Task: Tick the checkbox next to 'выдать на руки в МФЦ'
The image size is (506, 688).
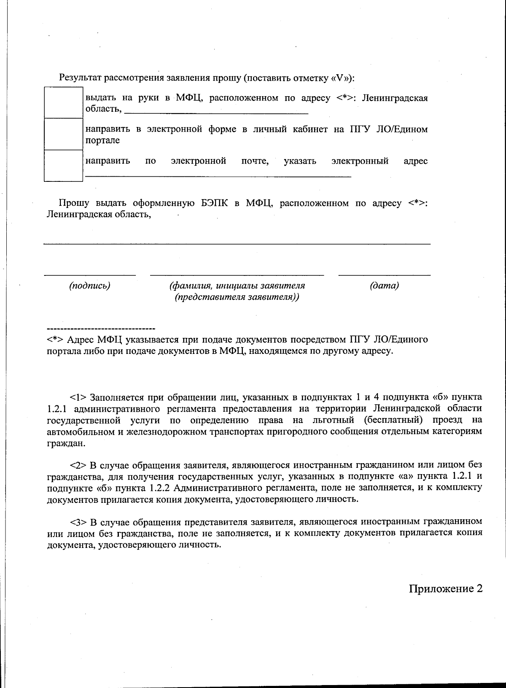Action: click(x=63, y=103)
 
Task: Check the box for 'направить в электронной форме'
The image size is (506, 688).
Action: click(x=63, y=134)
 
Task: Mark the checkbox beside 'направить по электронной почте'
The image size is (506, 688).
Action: click(x=63, y=166)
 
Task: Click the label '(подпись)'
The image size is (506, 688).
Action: click(x=89, y=286)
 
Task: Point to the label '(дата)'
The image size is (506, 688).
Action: click(x=384, y=286)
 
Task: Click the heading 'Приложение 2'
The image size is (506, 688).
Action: click(x=445, y=588)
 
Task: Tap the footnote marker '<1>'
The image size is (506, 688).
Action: click(x=78, y=397)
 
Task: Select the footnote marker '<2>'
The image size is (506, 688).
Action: click(x=78, y=465)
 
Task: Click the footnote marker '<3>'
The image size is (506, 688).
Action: click(x=78, y=522)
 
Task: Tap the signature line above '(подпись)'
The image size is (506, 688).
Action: click(x=90, y=275)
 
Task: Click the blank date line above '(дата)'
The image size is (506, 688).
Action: click(x=384, y=275)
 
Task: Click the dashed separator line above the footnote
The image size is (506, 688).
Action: click(x=101, y=328)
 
